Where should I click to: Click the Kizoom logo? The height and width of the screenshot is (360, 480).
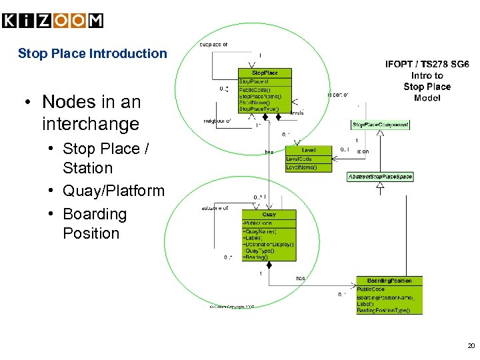point(53,21)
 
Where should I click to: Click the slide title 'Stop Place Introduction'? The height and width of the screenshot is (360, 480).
point(92,53)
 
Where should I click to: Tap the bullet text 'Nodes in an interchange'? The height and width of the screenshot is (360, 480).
point(91,113)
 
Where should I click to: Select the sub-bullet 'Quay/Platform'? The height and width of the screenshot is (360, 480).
point(113,191)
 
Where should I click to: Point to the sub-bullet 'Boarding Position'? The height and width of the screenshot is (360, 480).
point(94,223)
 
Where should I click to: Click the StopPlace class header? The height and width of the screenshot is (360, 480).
point(264,72)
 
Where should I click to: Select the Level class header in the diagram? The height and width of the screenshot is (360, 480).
point(309,151)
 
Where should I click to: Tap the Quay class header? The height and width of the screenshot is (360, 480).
point(269,215)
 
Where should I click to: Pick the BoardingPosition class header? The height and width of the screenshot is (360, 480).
point(389,281)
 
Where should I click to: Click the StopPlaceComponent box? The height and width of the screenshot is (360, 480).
point(380,125)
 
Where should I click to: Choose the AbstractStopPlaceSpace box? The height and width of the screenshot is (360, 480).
point(380,177)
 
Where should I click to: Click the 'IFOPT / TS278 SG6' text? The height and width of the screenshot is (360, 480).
point(427,65)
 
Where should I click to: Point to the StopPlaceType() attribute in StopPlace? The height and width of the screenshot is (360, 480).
point(263,109)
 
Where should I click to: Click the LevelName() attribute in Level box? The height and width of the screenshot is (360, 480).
point(301,167)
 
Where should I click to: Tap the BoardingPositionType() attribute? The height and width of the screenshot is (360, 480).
point(384,310)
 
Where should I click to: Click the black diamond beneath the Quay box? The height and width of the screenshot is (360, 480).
point(269,265)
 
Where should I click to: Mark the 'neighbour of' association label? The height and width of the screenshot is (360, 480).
point(217,121)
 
